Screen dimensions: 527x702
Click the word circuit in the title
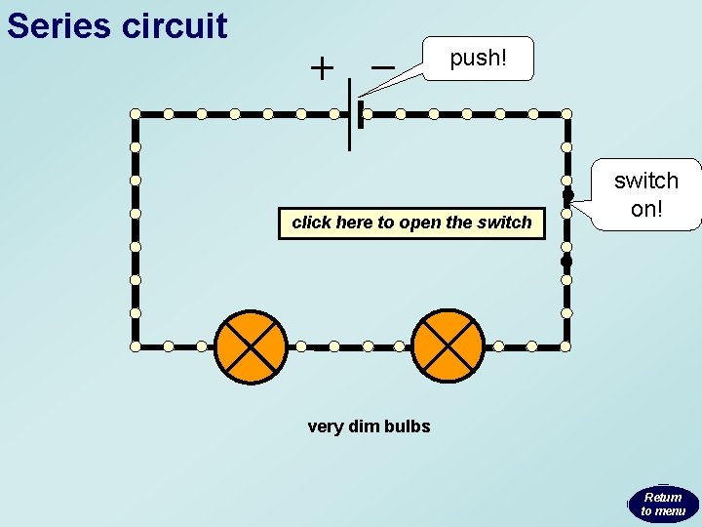click(175, 26)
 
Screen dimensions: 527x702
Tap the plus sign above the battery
click(321, 68)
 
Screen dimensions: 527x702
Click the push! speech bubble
click(478, 59)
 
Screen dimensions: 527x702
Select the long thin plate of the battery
click(350, 113)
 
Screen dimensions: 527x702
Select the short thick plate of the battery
click(361, 114)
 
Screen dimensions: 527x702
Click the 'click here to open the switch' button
click(411, 223)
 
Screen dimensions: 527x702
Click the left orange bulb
click(252, 346)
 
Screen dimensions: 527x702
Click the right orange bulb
click(448, 346)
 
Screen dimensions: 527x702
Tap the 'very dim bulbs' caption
click(369, 426)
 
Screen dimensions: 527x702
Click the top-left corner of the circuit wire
click(136, 114)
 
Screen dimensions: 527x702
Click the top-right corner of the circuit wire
click(566, 114)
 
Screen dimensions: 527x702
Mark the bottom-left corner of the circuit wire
click(136, 345)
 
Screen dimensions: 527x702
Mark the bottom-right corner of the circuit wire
click(566, 345)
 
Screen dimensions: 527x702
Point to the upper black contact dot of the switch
click(566, 194)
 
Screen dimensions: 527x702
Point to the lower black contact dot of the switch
click(565, 262)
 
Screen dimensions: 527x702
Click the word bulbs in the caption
click(408, 426)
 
